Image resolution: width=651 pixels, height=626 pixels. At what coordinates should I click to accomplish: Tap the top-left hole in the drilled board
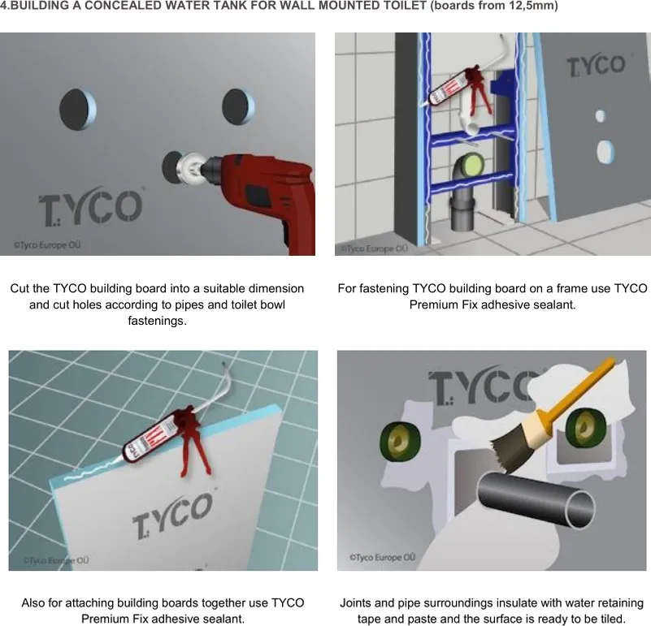point(78,109)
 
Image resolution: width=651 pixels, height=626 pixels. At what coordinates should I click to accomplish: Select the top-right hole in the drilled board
point(238,106)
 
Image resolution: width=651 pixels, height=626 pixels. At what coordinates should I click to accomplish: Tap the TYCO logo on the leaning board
point(597,65)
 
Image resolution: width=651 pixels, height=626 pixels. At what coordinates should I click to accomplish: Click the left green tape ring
point(399,442)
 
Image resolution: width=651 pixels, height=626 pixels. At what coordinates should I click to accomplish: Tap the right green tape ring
point(584,427)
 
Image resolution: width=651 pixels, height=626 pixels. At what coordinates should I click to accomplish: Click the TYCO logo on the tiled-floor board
point(172,516)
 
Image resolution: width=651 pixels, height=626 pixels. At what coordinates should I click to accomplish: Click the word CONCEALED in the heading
point(136,6)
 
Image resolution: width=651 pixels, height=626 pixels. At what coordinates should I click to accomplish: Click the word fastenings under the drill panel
point(157,321)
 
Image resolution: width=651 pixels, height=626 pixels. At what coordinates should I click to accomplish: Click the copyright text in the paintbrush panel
point(382,558)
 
